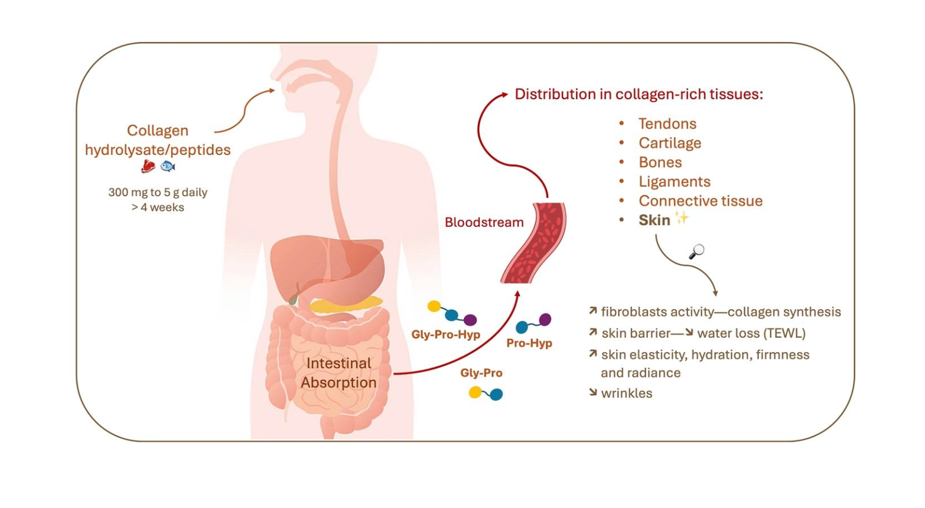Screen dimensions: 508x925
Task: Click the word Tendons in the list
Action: (667, 123)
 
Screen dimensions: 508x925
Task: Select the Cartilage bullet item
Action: (669, 143)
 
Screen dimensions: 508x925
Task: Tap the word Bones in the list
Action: (660, 162)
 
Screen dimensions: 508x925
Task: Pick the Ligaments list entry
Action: (674, 182)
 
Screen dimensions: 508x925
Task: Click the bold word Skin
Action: (654, 220)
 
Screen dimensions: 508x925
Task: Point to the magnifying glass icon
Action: (697, 252)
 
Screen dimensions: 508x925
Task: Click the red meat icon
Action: (148, 167)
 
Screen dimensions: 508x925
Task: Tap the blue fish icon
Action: (168, 167)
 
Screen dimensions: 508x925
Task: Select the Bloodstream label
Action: (484, 222)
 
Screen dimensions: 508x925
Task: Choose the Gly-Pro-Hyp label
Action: (445, 334)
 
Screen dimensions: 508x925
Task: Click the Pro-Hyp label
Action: (529, 343)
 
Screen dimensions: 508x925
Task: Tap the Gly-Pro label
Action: (481, 373)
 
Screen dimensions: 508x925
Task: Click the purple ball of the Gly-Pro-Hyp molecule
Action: (470, 320)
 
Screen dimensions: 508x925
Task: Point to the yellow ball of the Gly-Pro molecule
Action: (475, 392)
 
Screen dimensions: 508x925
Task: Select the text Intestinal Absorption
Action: (338, 373)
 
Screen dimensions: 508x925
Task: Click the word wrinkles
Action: (626, 393)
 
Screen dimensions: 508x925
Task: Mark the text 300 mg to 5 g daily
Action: (158, 193)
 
